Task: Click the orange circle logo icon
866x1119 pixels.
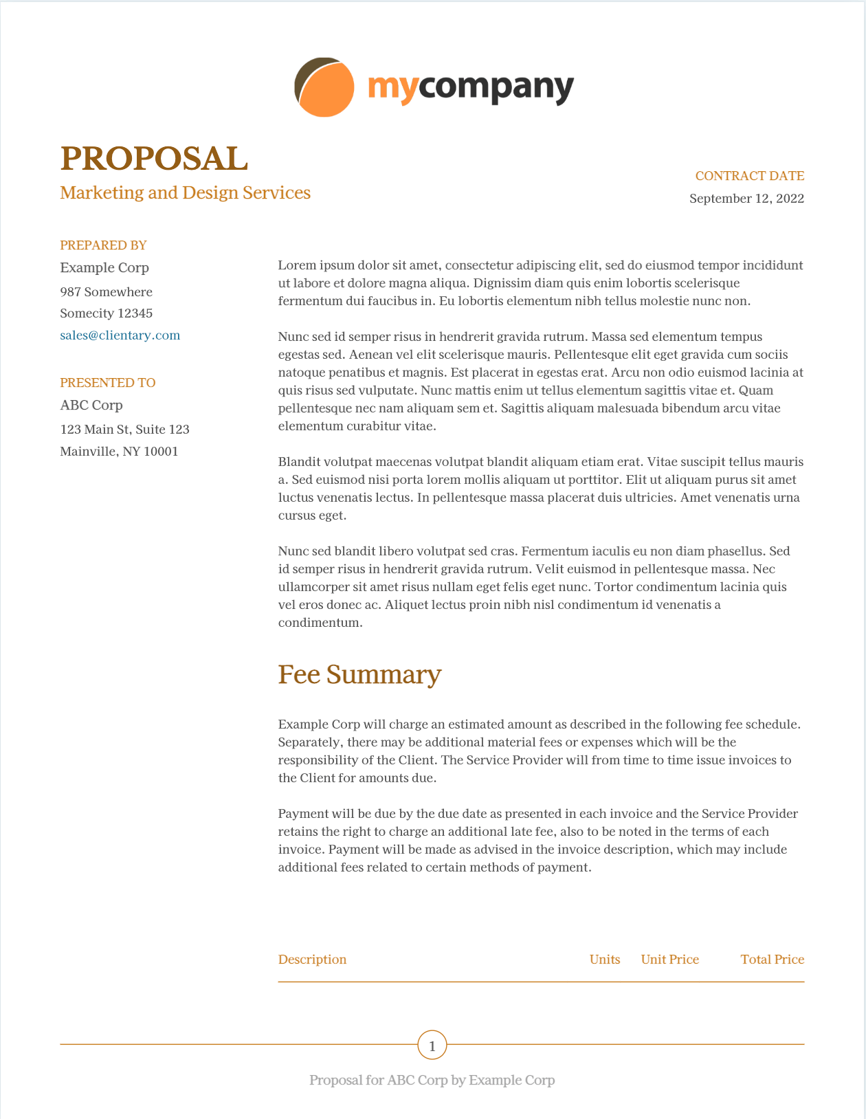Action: (324, 87)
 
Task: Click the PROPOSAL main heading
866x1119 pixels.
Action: (154, 159)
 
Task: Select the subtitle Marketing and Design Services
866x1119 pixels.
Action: (186, 192)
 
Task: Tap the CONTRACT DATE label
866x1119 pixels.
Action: (749, 176)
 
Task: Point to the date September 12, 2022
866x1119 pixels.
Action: (746, 199)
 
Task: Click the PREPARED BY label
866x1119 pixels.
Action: (103, 245)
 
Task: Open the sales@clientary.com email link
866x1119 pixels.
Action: (120, 335)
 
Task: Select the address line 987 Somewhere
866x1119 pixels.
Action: (107, 292)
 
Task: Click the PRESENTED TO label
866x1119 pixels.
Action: (108, 383)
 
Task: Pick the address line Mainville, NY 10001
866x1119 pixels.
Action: (120, 452)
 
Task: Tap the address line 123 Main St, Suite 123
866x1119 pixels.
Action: (125, 430)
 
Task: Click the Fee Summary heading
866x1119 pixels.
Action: (359, 674)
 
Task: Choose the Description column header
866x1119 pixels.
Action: (312, 960)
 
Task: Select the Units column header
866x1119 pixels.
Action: (605, 960)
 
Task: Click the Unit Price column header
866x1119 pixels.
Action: (669, 960)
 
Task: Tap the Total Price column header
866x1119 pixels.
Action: (772, 960)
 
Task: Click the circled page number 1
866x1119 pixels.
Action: (432, 1046)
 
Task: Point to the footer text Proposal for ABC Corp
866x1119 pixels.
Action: (432, 1081)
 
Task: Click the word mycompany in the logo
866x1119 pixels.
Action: (471, 88)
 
